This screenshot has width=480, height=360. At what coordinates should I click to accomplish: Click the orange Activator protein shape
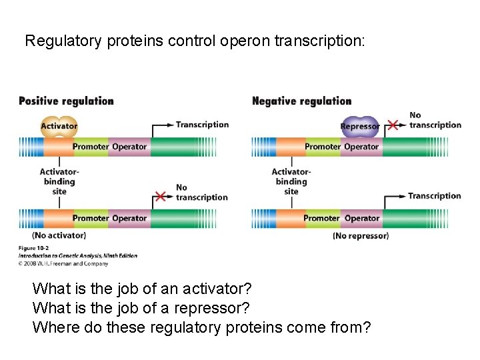59,126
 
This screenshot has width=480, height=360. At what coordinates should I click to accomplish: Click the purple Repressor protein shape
359,126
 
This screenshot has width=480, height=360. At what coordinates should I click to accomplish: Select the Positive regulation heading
66,101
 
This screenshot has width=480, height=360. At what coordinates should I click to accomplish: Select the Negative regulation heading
301,101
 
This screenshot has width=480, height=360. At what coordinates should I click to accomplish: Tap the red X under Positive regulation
160,196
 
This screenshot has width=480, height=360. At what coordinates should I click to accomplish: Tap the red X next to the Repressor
393,125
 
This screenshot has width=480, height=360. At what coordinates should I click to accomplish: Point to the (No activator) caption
59,235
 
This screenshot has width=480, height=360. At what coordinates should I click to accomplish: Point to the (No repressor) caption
360,235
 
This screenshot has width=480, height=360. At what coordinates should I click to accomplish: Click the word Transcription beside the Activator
202,125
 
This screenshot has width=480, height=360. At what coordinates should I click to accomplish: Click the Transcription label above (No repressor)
434,196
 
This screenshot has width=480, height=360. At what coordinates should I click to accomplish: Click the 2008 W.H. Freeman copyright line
63,263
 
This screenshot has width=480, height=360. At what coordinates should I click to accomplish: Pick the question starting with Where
201,327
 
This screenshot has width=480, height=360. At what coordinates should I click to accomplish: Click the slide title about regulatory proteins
195,41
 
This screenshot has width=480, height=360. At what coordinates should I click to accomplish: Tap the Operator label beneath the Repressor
361,147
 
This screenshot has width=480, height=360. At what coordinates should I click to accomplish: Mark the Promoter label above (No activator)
90,219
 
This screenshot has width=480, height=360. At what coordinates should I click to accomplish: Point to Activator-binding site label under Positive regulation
59,181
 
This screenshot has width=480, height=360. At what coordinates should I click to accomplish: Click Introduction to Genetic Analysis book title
77,256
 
